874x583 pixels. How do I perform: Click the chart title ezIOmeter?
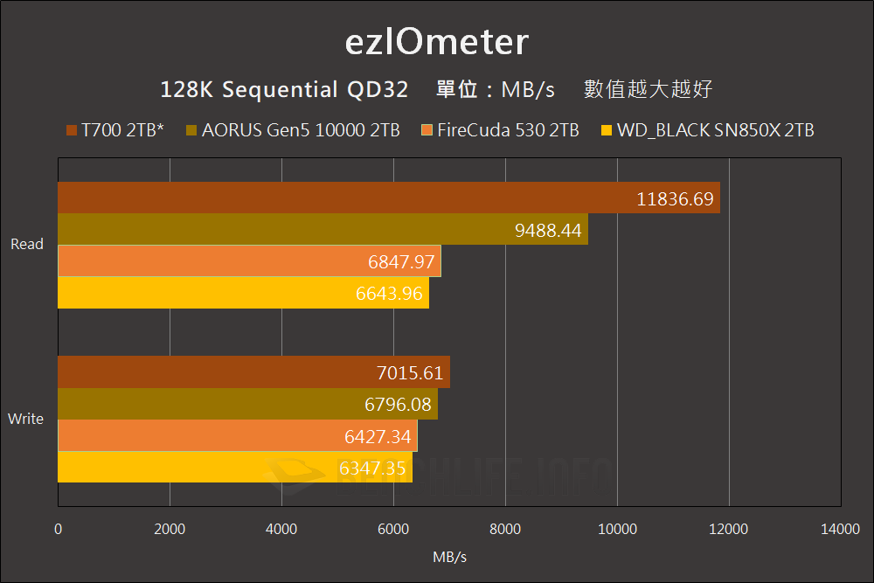click(x=436, y=42)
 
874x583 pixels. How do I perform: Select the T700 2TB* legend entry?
click(x=115, y=131)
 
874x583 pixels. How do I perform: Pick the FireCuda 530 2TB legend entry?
click(x=500, y=131)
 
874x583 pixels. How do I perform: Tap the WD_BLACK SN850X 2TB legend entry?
click(x=708, y=131)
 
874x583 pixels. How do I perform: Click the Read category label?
click(x=26, y=245)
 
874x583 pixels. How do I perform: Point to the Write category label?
click(x=25, y=419)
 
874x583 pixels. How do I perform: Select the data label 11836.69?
click(x=676, y=198)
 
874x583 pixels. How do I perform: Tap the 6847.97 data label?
click(x=402, y=261)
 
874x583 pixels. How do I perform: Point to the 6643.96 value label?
click(x=391, y=293)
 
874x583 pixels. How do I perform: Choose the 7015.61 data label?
click(x=411, y=373)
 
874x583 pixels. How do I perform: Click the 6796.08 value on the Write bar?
click(x=399, y=405)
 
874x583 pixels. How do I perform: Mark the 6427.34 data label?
click(x=378, y=436)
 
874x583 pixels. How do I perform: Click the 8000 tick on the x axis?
click(x=505, y=529)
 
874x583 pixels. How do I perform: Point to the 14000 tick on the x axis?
click(x=840, y=529)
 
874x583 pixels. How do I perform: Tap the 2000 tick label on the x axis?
click(x=170, y=529)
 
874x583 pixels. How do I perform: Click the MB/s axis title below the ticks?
click(x=449, y=557)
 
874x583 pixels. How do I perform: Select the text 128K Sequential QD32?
click(x=284, y=90)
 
